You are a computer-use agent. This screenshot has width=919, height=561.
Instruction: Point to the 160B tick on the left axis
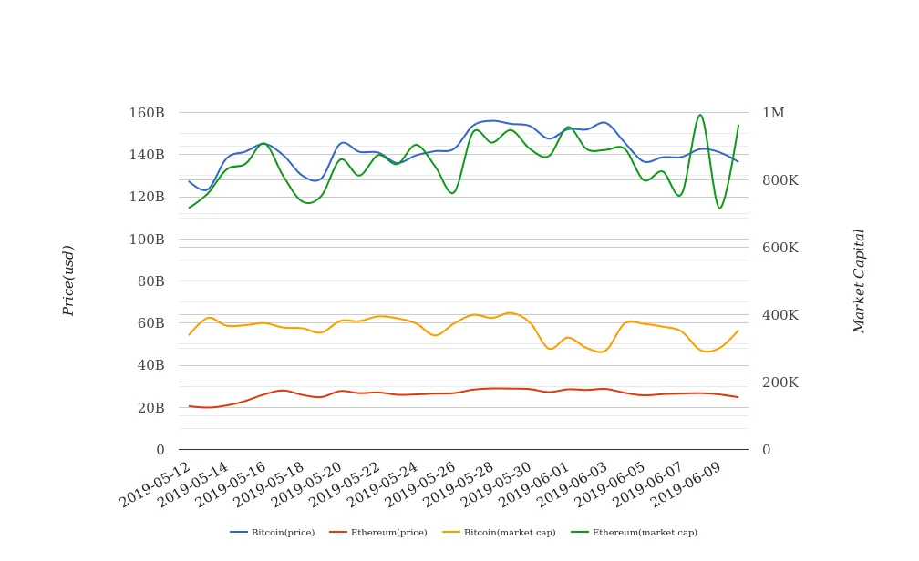[x=146, y=113]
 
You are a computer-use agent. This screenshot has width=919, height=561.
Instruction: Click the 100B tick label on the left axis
[x=146, y=240]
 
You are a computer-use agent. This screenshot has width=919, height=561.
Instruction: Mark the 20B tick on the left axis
[x=150, y=408]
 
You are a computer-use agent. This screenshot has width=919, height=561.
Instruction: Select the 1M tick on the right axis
[x=773, y=113]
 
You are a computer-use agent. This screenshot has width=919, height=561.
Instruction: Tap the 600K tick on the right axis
[x=780, y=248]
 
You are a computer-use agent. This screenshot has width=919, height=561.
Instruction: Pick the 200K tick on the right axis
[x=780, y=382]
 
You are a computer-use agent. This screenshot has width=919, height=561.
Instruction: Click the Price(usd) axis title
[x=68, y=280]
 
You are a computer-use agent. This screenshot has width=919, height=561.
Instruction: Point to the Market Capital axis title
[x=859, y=280]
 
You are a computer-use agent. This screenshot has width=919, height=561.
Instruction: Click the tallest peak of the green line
[x=700, y=115]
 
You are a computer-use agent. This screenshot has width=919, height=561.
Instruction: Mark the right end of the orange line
[x=738, y=331]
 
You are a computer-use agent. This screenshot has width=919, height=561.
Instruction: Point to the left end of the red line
[x=189, y=406]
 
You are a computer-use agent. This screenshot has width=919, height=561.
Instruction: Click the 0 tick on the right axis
[x=767, y=450]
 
